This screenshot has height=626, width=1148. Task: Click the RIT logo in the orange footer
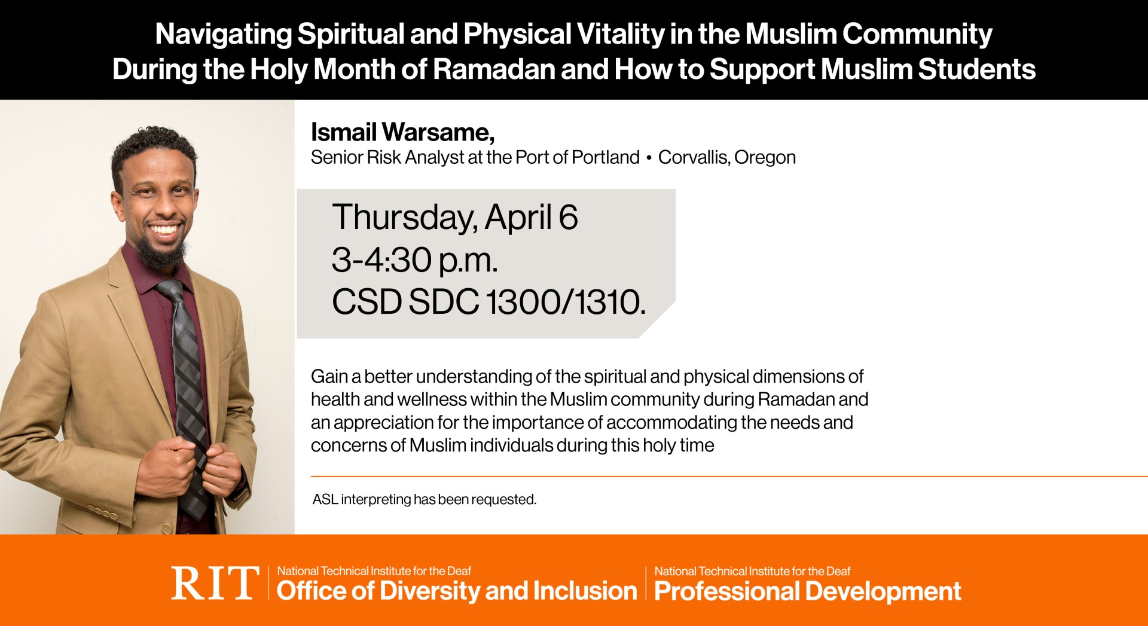tap(215, 583)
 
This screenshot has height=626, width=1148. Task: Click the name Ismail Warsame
tap(402, 132)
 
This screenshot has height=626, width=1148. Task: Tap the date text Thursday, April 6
tap(454, 217)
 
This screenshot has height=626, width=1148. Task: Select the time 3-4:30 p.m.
tap(414, 260)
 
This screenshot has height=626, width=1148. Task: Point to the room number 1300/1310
tap(565, 302)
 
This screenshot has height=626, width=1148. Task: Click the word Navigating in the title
tap(223, 34)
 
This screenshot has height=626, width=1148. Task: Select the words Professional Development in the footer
tap(807, 591)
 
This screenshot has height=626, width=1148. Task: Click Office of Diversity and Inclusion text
tap(457, 591)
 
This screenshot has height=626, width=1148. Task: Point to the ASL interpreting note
tap(424, 499)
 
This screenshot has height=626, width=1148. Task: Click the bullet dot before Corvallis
tap(649, 158)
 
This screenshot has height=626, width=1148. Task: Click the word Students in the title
tap(976, 69)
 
